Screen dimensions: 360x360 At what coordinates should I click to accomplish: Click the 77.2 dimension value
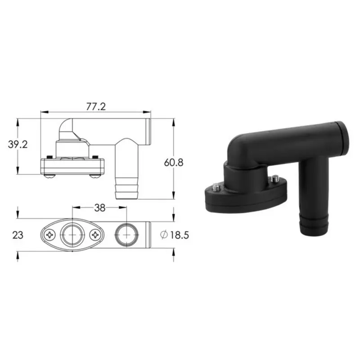96,107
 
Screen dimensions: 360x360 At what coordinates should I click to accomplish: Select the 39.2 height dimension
18,144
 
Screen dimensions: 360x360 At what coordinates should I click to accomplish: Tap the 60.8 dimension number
174,162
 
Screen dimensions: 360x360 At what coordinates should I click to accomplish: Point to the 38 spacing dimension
99,208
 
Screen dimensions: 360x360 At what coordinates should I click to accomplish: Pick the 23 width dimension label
18,235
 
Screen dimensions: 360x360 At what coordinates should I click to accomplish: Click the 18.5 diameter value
179,235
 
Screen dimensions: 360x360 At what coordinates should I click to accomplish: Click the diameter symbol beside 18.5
164,235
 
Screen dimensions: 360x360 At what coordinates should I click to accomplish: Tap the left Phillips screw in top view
50,235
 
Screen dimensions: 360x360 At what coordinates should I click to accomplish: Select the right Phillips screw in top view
95,235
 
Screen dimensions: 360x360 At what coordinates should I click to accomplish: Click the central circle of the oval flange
72,235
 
